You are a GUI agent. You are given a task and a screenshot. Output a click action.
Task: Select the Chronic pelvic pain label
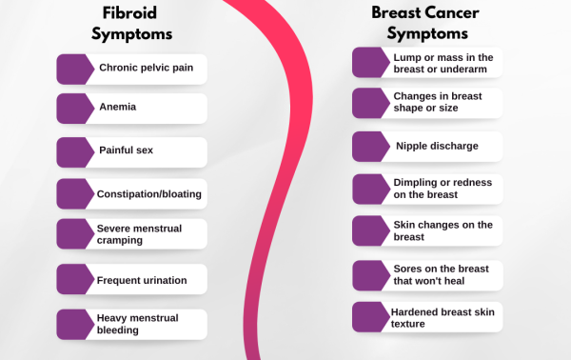click(x=146, y=69)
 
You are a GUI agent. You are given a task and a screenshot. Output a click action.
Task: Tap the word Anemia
click(x=117, y=108)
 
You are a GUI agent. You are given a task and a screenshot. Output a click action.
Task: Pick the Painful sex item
click(x=126, y=150)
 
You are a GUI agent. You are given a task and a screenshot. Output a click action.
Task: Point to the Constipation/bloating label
click(x=148, y=194)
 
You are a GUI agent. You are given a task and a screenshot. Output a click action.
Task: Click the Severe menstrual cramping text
click(x=139, y=234)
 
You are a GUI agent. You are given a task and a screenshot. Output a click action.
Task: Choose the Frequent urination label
click(x=142, y=280)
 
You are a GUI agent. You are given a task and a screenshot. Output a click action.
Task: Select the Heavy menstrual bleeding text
click(x=137, y=324)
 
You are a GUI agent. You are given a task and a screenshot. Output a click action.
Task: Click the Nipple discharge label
click(x=437, y=147)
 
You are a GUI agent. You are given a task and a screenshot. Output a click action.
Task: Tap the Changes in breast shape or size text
click(x=437, y=102)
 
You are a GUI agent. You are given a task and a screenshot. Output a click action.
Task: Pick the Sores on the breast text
click(x=440, y=274)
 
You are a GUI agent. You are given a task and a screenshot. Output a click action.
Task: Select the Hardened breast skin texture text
click(x=443, y=317)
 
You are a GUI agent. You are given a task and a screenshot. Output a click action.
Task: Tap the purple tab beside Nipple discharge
click(x=371, y=147)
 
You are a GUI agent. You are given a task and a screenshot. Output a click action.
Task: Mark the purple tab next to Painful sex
click(x=75, y=151)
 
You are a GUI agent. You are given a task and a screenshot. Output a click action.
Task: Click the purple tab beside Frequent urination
click(x=75, y=279)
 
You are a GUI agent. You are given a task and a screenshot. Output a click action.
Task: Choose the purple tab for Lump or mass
click(x=371, y=63)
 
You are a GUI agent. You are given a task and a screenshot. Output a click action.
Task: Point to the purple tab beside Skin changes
click(x=371, y=230)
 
